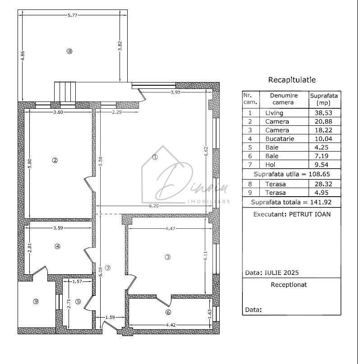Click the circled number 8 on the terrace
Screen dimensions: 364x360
69,51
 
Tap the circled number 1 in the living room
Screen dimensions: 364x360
155,157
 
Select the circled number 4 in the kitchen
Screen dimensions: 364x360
57,246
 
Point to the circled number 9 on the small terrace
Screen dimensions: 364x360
36,301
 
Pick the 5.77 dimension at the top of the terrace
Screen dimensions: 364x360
72,15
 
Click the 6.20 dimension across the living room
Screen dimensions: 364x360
154,206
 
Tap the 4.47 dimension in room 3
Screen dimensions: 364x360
170,229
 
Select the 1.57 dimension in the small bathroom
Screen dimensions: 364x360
78,281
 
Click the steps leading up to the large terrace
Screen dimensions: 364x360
65,92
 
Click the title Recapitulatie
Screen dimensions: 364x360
292,80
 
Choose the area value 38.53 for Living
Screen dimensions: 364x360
324,113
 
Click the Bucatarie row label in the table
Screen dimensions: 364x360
279,139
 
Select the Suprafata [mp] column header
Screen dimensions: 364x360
324,99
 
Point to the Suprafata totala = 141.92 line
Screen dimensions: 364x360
291,202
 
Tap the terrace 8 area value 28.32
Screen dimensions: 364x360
324,184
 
